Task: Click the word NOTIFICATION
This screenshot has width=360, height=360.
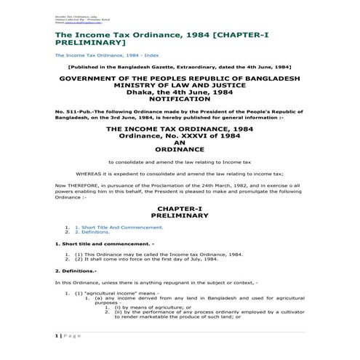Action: pos(179,97)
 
